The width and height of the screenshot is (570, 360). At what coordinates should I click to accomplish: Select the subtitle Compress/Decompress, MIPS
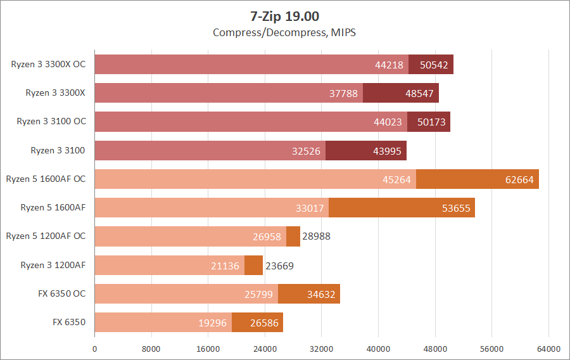pos(284,32)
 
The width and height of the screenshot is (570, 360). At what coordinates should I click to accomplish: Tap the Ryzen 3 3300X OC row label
pos(48,64)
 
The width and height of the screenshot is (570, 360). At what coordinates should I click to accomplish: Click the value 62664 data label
pos(519,179)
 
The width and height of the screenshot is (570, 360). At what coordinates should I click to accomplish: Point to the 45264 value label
pos(397,179)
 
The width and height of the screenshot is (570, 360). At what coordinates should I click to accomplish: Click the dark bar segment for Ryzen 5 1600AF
pos(402,208)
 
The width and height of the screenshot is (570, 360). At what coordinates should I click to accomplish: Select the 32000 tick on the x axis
pos(321,349)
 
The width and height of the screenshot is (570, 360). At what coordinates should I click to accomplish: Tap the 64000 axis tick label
pos(548,349)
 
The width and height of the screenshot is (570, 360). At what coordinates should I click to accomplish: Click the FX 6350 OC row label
pos(61,293)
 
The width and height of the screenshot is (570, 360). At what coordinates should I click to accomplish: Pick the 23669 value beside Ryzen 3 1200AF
pos(279,266)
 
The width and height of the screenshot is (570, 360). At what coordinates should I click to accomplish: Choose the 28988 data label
pos(316,236)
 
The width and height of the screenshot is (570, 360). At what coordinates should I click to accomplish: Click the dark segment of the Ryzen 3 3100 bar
pos(365,150)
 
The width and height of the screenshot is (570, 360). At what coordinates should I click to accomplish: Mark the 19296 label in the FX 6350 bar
pos(213,323)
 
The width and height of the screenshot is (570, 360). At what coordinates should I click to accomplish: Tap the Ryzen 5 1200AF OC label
pos(46,236)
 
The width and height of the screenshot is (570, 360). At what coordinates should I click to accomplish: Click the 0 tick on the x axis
pos(95,349)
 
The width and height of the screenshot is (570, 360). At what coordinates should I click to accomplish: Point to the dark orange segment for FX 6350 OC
pos(309,293)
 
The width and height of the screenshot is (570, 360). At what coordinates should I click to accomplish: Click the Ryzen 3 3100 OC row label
pos(51,122)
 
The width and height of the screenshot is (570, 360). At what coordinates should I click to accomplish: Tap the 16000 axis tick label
pos(208,349)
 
